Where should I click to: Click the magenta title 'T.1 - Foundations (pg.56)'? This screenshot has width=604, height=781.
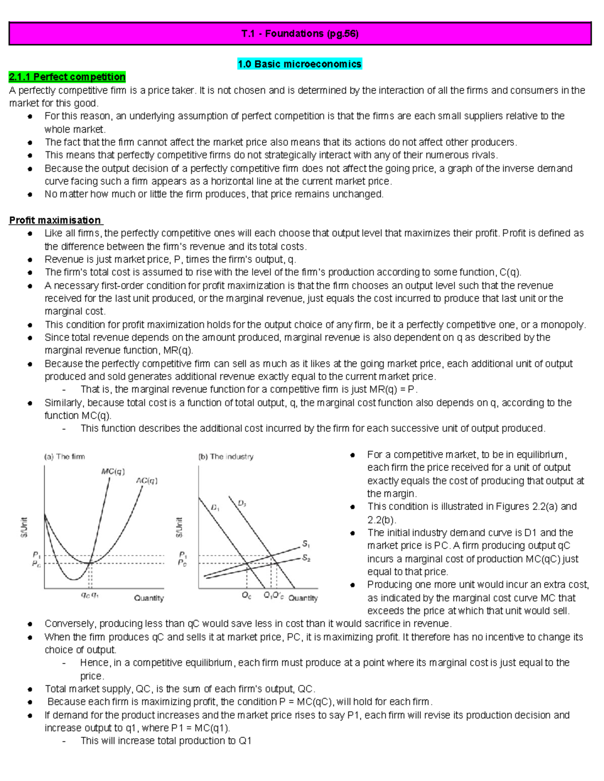pos(300,34)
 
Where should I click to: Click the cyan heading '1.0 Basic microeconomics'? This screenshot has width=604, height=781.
pos(299,64)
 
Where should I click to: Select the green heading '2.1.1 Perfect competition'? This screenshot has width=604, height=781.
pos(67,77)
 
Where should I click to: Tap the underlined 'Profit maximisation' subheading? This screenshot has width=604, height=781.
pos(55,220)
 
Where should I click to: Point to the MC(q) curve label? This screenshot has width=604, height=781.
pos(113,472)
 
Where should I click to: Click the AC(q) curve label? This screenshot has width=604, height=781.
pos(147,481)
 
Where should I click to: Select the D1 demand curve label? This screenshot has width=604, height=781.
pos(215,508)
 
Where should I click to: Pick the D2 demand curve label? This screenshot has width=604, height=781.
pos(242,503)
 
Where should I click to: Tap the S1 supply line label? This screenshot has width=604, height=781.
pos(306,544)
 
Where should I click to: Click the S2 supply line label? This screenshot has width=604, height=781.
pos(306,558)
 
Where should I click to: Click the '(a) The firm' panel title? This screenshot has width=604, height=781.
pos(64,457)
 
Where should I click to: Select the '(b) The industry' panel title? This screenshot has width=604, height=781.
pos(226,457)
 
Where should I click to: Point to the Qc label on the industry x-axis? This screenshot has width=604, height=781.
pos(246,596)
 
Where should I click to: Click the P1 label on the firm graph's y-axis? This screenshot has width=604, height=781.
pos(36,554)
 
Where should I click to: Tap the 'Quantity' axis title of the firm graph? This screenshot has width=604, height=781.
pos(148,598)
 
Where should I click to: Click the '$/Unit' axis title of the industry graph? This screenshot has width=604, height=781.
pos(179,527)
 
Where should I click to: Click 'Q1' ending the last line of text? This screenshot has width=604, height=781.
pos(245,741)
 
